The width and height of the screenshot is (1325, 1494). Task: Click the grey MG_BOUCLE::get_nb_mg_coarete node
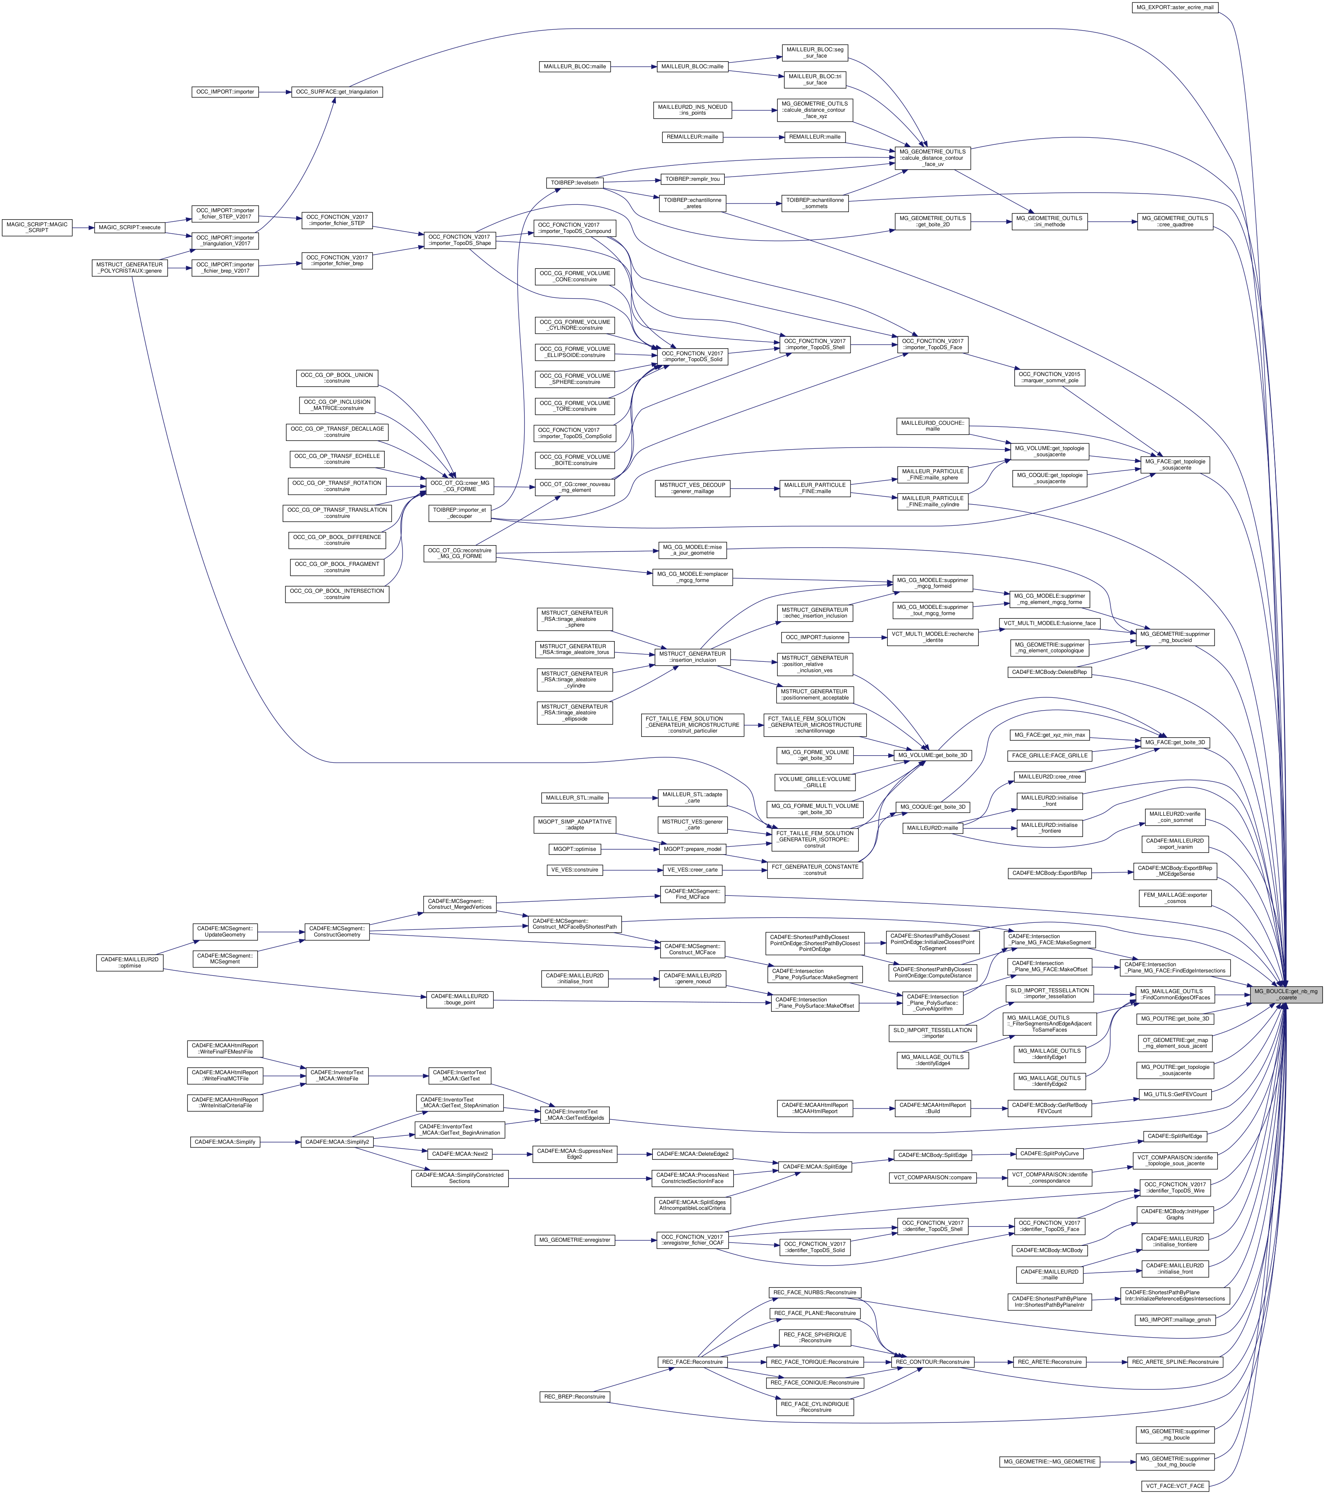click(x=1286, y=994)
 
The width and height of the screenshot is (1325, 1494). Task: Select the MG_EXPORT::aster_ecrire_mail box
click(x=1175, y=7)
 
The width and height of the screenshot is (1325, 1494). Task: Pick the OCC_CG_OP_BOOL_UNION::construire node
click(x=337, y=378)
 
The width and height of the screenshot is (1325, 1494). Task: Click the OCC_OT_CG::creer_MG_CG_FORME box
click(x=460, y=486)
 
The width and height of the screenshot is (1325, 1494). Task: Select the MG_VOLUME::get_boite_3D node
click(x=932, y=755)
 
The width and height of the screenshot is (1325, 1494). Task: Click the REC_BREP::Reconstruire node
click(x=575, y=1397)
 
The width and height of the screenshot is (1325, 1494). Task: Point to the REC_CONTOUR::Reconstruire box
click(x=932, y=1362)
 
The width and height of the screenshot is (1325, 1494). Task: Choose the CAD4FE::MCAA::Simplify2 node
click(x=337, y=1142)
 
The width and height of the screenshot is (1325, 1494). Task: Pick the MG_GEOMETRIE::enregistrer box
click(x=575, y=1240)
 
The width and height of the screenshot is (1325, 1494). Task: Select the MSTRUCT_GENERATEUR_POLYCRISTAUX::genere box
click(x=130, y=268)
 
